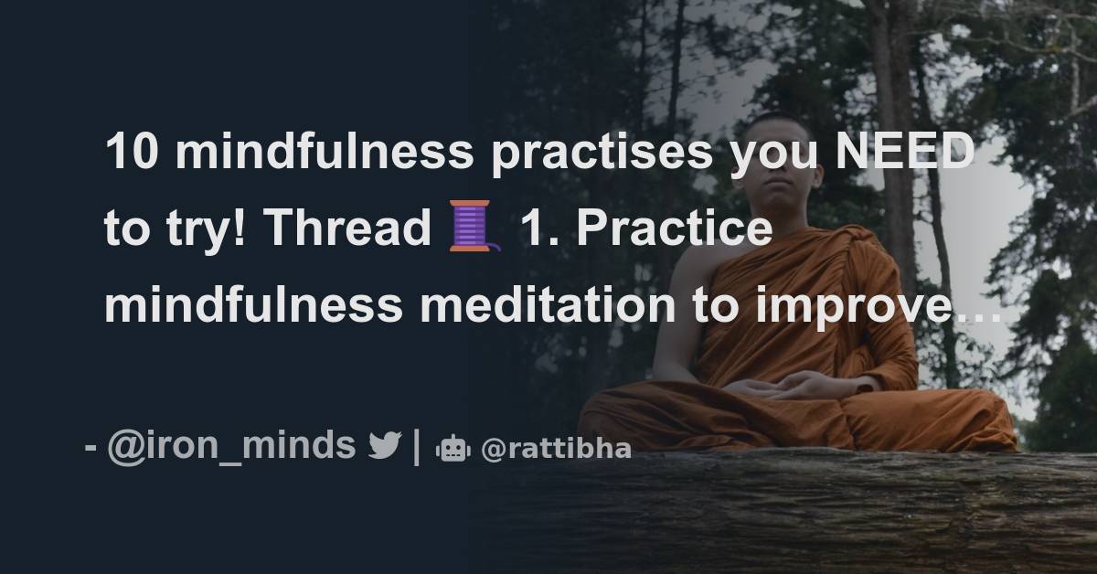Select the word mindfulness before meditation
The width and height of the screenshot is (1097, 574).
pos(253,304)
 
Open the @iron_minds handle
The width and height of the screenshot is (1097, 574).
pos(230,446)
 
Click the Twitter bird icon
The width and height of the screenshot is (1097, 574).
pos(384,446)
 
